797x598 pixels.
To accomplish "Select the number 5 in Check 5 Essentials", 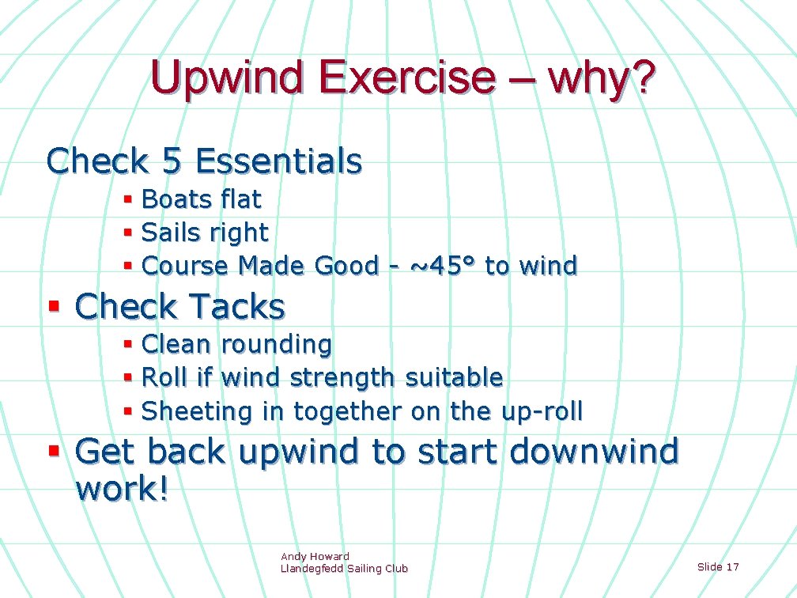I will click(x=171, y=161).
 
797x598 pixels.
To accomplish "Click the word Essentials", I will click(x=278, y=161).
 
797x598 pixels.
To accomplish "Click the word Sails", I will click(x=171, y=233).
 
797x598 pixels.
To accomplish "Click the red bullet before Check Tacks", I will click(x=55, y=305).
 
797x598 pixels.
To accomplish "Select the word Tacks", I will click(x=238, y=307).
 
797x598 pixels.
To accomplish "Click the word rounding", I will click(x=277, y=346).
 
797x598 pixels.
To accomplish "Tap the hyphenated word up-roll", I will click(x=542, y=412).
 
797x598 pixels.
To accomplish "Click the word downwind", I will click(x=594, y=452).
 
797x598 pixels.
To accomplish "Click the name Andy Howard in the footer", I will click(x=315, y=557).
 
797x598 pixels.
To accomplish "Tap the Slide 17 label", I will click(x=718, y=566).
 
